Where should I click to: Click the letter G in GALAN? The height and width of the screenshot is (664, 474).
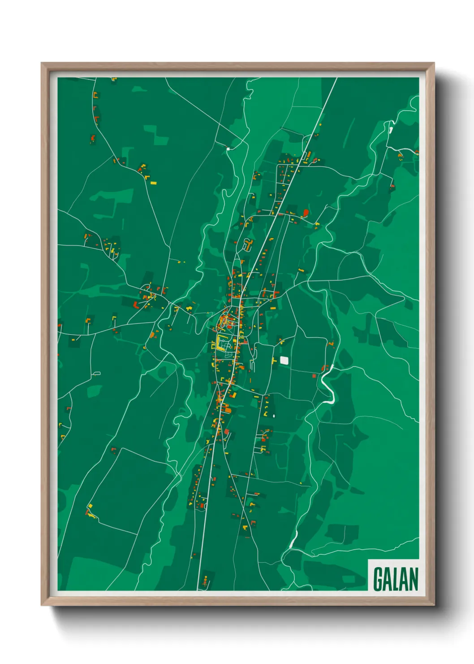tap(379, 579)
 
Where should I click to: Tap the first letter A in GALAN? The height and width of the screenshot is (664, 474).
tap(388, 579)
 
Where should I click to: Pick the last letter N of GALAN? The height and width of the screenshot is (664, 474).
tap(414, 579)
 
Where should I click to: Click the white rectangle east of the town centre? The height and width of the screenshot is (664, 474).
tap(284, 360)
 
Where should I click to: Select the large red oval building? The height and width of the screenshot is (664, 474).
tap(306, 212)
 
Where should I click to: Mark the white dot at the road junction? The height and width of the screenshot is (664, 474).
tap(228, 149)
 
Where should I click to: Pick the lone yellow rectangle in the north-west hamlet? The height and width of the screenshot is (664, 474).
tap(153, 183)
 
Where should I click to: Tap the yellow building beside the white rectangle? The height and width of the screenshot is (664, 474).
tap(274, 360)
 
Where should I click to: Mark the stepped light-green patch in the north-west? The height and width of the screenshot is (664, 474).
tap(155, 134)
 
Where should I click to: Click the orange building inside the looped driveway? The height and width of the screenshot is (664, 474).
tap(249, 245)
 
